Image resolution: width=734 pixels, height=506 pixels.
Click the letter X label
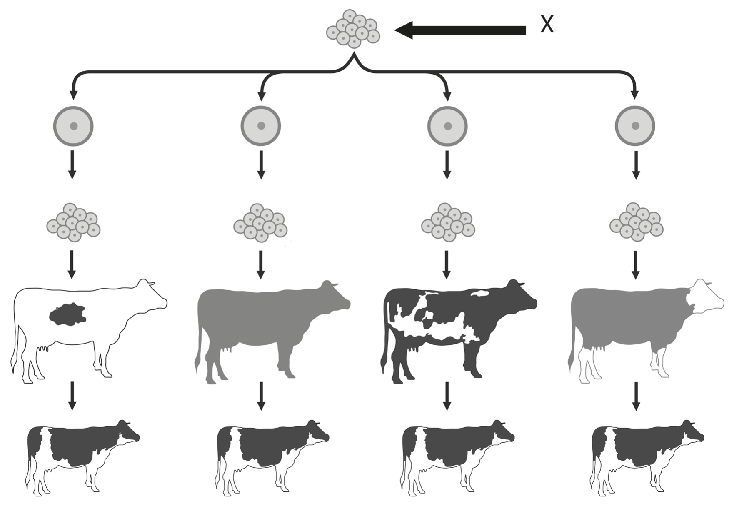547,25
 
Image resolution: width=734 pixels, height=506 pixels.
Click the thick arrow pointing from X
460,30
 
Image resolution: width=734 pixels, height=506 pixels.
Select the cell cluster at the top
353,29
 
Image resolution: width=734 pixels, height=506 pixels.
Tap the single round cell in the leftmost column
73,126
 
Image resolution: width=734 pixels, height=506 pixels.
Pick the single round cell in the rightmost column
635,126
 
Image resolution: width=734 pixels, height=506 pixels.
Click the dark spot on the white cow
68,314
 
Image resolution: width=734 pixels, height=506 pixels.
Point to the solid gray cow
273,329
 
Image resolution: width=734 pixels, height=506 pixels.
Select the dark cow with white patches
459,329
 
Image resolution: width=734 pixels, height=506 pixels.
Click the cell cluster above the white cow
73,222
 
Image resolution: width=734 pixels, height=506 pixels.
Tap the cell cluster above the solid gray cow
260,222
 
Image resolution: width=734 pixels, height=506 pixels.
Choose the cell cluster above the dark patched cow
448,222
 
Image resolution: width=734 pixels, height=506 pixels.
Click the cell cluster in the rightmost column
636,222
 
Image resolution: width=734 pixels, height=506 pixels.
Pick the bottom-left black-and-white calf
82,457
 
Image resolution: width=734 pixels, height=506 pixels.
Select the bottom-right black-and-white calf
647,457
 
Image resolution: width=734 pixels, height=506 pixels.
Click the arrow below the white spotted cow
72,396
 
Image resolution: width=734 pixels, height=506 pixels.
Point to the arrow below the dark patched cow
447,396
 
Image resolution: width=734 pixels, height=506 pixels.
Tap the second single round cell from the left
261,126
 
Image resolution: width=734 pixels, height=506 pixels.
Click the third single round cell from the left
447,126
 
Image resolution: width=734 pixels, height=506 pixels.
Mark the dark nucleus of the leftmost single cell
74,126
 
